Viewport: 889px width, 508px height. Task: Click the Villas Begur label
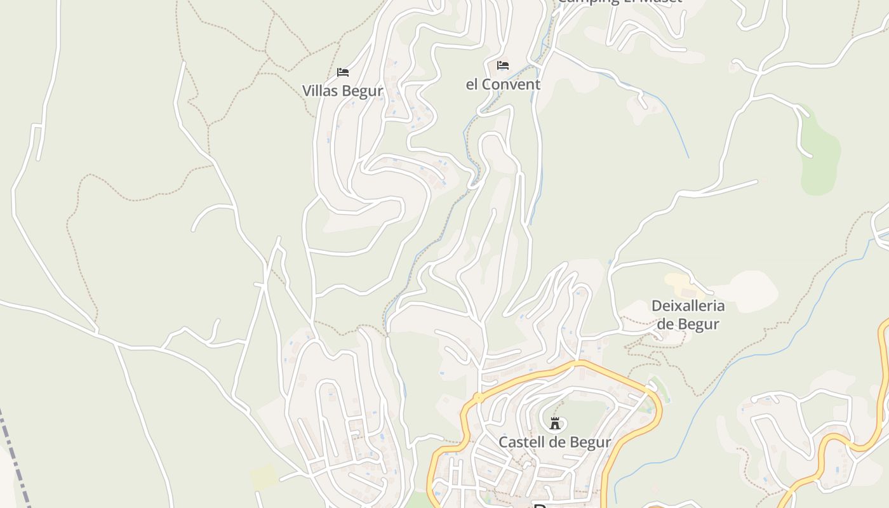[x=342, y=91]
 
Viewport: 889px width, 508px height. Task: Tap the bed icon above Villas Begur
[x=343, y=72]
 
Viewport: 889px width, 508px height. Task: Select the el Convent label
[x=503, y=84]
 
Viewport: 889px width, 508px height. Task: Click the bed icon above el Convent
[x=503, y=65]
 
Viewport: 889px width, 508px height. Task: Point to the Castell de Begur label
[x=554, y=442]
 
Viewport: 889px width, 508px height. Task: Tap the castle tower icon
[x=555, y=423]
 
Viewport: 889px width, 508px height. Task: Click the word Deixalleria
[x=688, y=305]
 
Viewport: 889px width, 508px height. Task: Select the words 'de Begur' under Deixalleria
[x=688, y=324]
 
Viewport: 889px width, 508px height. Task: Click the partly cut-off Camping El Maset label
[x=619, y=2]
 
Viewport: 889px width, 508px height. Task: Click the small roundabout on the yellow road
[x=478, y=398]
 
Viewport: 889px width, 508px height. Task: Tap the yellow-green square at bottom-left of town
[x=264, y=477]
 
